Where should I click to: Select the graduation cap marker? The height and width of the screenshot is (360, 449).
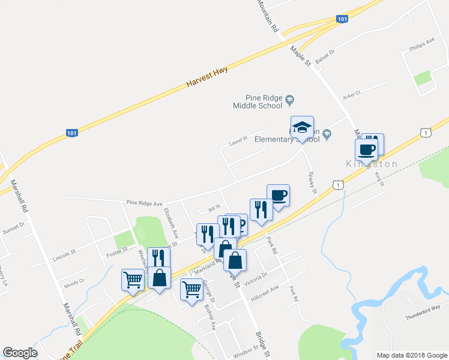pyautogui.click(x=302, y=128)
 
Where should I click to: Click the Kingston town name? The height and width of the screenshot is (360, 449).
pyautogui.click(x=372, y=164)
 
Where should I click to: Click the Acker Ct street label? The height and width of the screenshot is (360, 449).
pyautogui.click(x=351, y=94)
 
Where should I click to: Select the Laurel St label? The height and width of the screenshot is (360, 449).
pyautogui.click(x=238, y=142)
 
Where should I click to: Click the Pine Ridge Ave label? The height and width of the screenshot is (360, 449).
pyautogui.click(x=145, y=203)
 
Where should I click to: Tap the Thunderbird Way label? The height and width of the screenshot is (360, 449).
pyautogui.click(x=423, y=307)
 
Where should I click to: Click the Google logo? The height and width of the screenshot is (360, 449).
pyautogui.click(x=20, y=352)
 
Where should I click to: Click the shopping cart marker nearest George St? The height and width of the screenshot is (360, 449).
pyautogui.click(x=191, y=290)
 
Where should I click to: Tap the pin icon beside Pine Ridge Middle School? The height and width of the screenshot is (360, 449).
pyautogui.click(x=289, y=98)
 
